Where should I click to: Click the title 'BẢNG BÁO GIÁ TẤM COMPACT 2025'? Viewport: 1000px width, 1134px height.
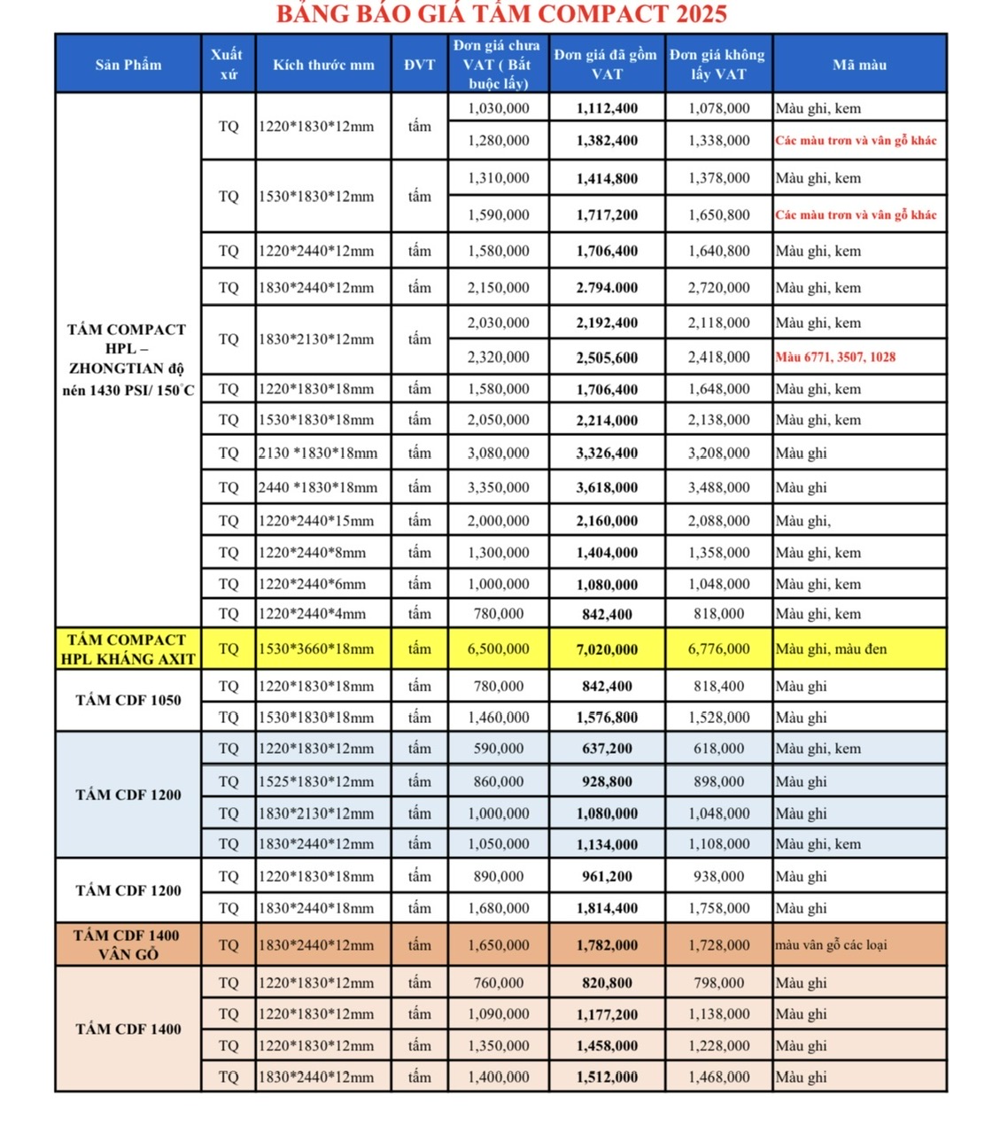click(501, 14)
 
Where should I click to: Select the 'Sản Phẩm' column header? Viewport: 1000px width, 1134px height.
click(128, 65)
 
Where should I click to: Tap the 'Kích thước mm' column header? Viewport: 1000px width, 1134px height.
click(323, 65)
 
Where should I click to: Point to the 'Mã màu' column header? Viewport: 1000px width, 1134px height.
click(859, 65)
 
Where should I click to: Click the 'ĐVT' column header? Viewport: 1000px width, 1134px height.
click(419, 65)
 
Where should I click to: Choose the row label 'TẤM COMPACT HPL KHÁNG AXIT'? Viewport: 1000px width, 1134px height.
click(128, 649)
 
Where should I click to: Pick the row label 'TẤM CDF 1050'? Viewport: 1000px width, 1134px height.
click(128, 700)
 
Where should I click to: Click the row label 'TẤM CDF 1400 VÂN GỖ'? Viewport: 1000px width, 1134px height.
click(128, 944)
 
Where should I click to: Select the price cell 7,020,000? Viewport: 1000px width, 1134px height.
click(607, 649)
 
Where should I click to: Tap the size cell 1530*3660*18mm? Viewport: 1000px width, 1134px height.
click(316, 649)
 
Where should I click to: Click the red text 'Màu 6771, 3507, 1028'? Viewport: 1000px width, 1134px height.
click(835, 357)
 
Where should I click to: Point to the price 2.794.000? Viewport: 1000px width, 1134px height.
click(607, 288)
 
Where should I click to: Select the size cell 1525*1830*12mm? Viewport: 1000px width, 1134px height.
click(316, 781)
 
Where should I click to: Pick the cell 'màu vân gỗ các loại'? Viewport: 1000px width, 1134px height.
click(831, 945)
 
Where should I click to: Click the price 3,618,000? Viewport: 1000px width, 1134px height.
click(607, 487)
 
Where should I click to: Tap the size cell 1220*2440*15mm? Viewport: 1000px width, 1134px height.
click(316, 521)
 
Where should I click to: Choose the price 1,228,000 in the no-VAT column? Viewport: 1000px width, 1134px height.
click(718, 1045)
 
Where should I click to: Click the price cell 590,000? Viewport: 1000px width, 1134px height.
click(499, 749)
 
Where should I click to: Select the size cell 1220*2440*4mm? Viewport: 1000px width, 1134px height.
click(312, 613)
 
